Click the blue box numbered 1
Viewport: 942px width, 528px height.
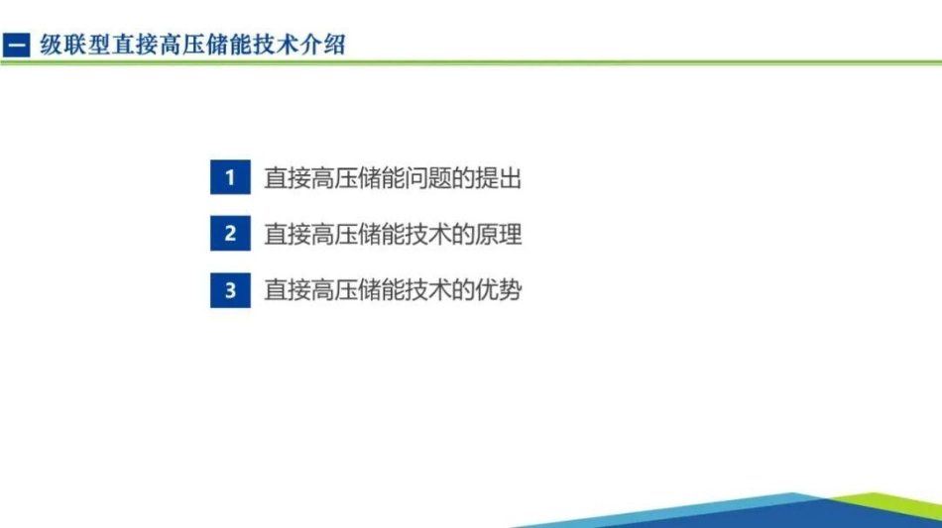coord(230,178)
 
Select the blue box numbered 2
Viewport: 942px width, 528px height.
coord(230,235)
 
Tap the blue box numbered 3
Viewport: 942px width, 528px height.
coord(230,290)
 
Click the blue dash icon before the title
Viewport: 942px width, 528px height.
coord(17,46)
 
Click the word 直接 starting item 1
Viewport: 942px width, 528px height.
coord(288,179)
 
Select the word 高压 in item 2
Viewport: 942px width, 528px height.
coord(334,235)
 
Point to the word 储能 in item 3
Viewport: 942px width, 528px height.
coord(382,290)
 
